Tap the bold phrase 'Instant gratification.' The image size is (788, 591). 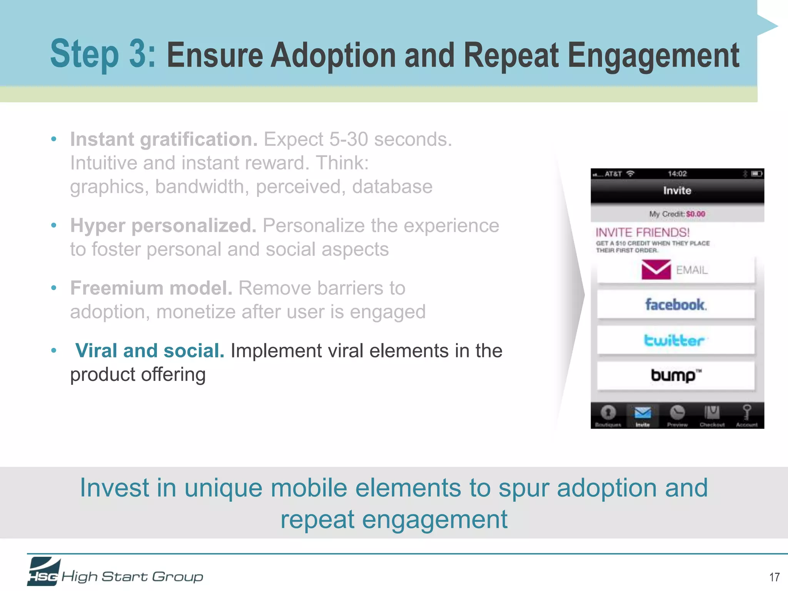(x=164, y=139)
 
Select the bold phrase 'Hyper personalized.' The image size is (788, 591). (x=163, y=225)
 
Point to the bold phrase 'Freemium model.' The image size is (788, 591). (x=151, y=288)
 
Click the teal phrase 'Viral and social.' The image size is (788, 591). (x=150, y=351)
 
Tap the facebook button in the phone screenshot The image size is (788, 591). (x=676, y=305)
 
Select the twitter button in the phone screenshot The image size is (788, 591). (x=676, y=340)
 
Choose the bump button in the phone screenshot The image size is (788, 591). (x=676, y=375)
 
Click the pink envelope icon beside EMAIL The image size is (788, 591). (x=656, y=269)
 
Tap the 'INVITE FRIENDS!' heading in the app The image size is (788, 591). (x=643, y=232)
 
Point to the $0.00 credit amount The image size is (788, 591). (x=696, y=214)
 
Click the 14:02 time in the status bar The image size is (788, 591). (x=677, y=174)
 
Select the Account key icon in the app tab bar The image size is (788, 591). (x=746, y=412)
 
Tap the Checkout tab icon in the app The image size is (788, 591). (x=712, y=412)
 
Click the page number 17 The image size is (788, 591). (x=774, y=577)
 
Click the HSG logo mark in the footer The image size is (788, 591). (x=44, y=572)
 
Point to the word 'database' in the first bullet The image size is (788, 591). (x=392, y=187)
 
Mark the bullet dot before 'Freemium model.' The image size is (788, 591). (x=54, y=288)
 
